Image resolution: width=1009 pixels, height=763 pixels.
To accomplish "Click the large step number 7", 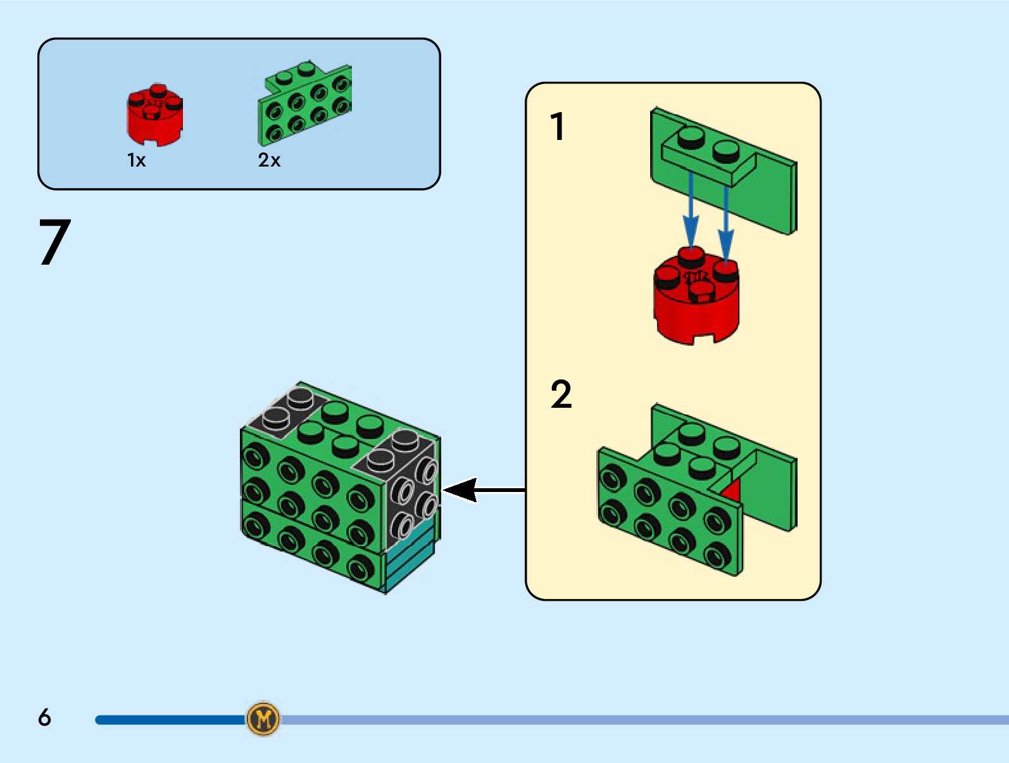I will (x=54, y=243).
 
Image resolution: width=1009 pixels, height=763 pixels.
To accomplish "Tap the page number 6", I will (x=44, y=717).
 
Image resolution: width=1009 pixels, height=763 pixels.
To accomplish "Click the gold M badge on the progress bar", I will (x=263, y=719).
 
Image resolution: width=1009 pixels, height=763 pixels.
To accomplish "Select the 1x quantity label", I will (x=136, y=160).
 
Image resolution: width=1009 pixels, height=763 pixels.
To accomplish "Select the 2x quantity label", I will (x=269, y=160).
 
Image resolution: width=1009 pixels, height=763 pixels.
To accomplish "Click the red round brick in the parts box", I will (x=154, y=115).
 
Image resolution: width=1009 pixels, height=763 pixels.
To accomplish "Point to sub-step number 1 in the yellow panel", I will (x=557, y=127).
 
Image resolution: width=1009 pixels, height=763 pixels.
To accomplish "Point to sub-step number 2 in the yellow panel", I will (x=561, y=394).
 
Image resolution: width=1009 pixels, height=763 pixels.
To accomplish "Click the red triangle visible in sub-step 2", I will (x=732, y=491).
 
